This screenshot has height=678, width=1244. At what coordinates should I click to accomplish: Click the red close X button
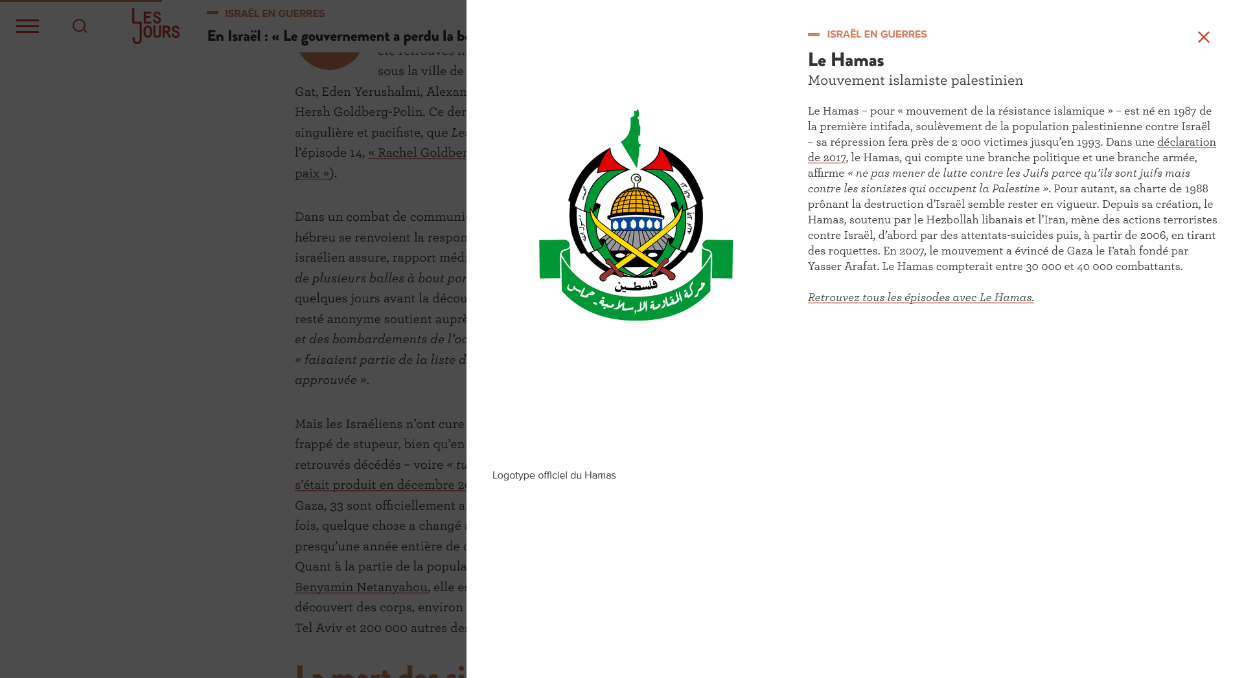(1203, 38)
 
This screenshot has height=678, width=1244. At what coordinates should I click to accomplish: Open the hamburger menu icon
(27, 26)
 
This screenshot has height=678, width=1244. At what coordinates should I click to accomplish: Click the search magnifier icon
(80, 26)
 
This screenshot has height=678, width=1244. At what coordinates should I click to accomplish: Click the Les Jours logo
(155, 26)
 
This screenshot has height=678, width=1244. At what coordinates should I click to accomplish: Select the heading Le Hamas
(846, 60)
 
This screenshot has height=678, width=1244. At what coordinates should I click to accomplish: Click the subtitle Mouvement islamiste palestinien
(915, 80)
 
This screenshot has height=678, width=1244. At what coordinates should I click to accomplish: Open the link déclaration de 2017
(1186, 142)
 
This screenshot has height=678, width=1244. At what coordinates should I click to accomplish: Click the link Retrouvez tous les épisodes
(920, 297)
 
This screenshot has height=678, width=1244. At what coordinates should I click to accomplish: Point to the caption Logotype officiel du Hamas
(554, 475)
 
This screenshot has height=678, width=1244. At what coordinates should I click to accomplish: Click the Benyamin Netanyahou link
(361, 587)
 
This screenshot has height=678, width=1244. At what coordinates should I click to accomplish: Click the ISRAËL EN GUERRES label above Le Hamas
(876, 34)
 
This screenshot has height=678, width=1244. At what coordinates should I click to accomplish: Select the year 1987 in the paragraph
(1183, 111)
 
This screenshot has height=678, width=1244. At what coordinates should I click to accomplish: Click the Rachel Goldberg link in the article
(418, 152)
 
